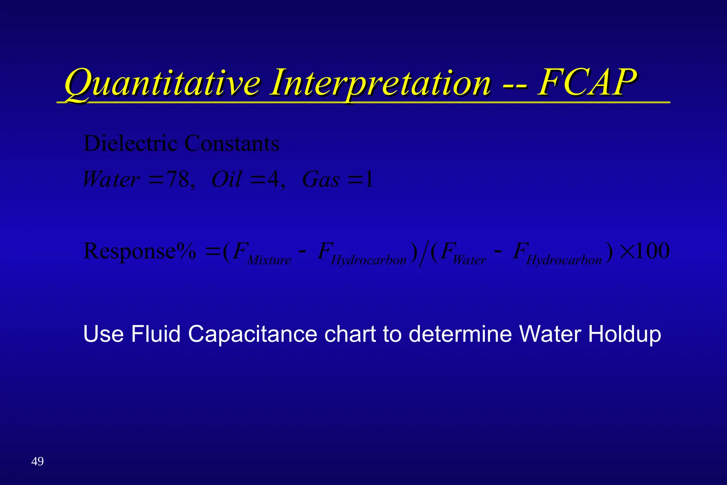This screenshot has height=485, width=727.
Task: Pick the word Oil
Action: [226, 179]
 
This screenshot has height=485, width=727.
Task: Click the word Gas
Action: [321, 179]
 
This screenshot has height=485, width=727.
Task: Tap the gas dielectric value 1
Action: [369, 179]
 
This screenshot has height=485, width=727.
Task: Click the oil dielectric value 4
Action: [273, 179]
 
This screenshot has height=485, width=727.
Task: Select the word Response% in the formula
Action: [140, 252]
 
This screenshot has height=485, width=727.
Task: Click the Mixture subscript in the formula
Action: [269, 260]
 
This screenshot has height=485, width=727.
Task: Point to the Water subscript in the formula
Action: [469, 260]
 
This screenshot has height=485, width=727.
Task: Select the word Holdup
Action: [624, 335]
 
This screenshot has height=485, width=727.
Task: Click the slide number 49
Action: [37, 462]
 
